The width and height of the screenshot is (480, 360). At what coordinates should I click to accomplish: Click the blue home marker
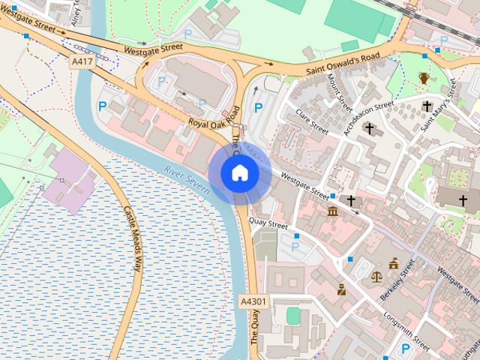(239, 173)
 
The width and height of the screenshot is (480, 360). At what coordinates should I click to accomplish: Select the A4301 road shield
(253, 301)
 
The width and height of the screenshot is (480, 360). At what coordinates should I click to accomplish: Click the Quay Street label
(268, 224)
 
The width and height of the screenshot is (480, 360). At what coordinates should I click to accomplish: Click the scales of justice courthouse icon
(376, 275)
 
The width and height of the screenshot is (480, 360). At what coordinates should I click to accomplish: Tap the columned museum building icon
(333, 212)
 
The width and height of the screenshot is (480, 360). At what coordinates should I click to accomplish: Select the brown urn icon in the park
(424, 78)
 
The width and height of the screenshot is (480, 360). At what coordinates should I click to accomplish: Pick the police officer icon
(341, 289)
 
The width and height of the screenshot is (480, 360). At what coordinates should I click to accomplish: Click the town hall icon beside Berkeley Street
(394, 263)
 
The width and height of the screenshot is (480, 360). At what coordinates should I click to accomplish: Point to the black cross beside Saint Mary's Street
(427, 106)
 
